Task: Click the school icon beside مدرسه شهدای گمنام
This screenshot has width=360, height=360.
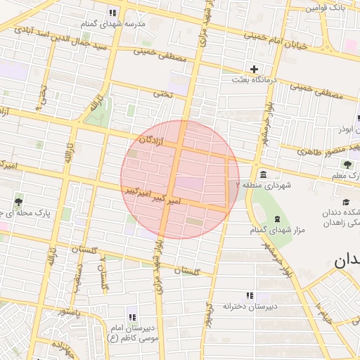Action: tap(112, 13)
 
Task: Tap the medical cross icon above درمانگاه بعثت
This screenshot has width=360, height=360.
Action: tap(254, 69)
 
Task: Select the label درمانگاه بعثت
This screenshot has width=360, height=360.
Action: tap(261, 80)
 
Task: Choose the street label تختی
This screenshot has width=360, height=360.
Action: tap(163, 93)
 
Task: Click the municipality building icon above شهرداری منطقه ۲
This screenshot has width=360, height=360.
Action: tap(262, 174)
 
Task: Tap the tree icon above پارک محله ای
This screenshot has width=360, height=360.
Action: tap(18, 200)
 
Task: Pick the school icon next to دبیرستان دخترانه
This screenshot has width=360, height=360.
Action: tap(248, 296)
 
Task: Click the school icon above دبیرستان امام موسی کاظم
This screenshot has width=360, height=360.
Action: tap(131, 317)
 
